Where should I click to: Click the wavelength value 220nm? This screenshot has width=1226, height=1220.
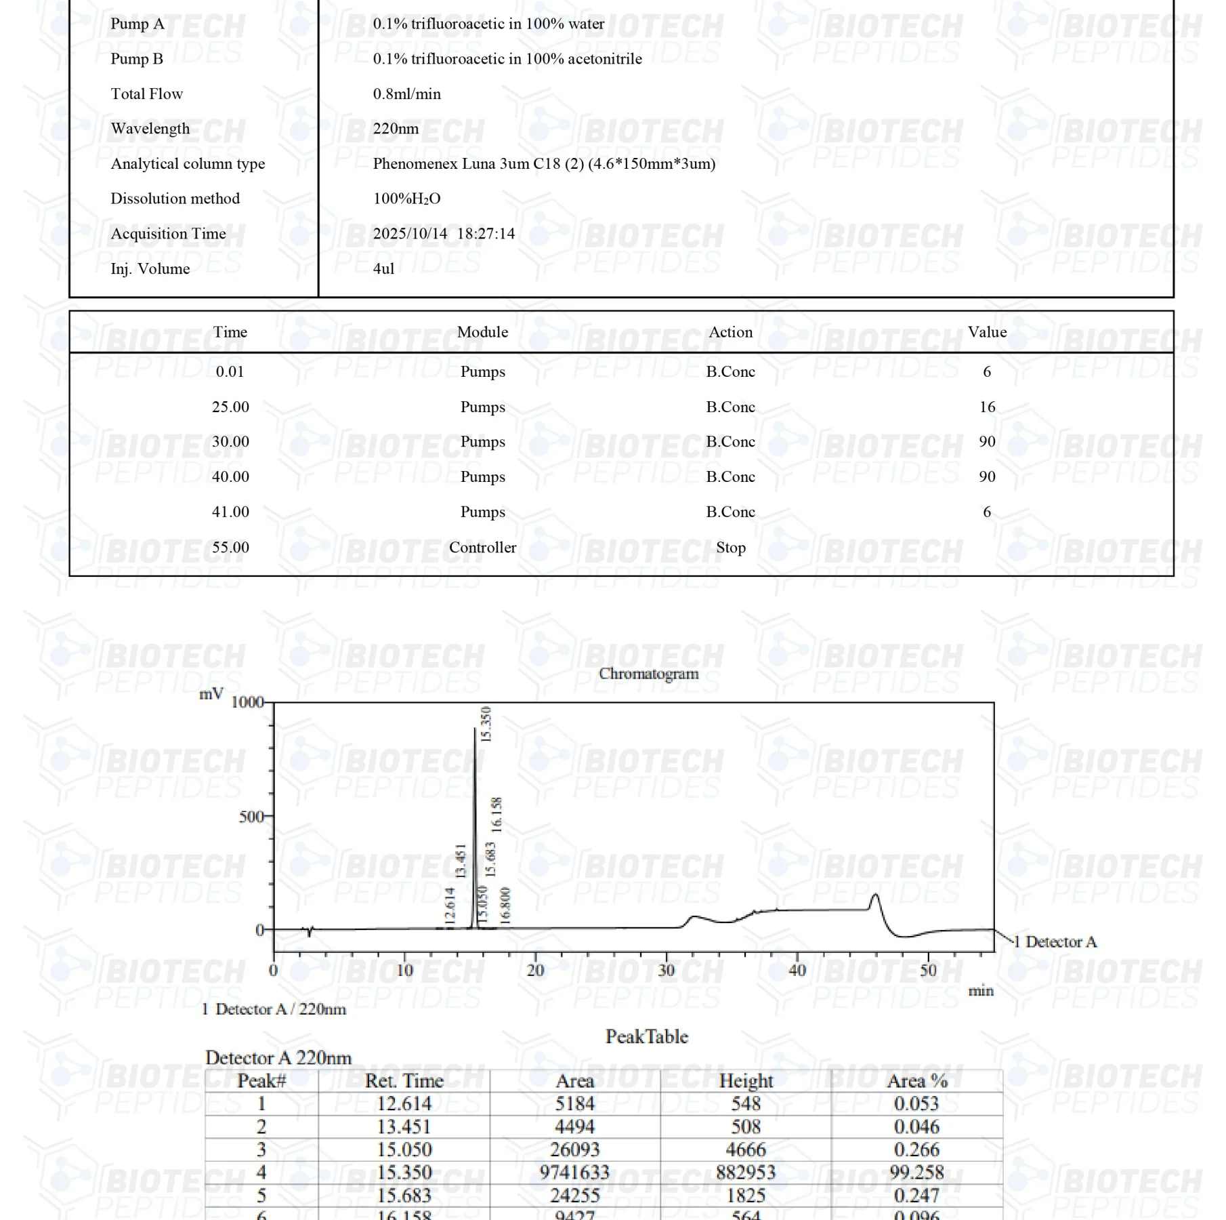pyautogui.click(x=396, y=129)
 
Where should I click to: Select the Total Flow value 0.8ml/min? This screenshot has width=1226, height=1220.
pyautogui.click(x=406, y=94)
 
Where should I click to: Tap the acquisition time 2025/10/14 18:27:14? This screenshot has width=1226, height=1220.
pyautogui.click(x=444, y=234)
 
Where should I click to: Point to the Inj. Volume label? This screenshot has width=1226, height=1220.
pyautogui.click(x=150, y=268)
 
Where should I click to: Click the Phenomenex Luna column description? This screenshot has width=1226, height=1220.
pyautogui.click(x=544, y=163)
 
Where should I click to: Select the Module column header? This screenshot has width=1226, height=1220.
pyautogui.click(x=482, y=332)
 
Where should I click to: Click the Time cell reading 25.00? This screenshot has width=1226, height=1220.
pyautogui.click(x=230, y=407)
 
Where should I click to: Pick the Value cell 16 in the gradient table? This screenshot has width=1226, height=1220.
pyautogui.click(x=987, y=407)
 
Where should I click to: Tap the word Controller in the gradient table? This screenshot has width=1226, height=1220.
pyautogui.click(x=482, y=547)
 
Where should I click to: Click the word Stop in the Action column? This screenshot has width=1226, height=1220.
pyautogui.click(x=730, y=547)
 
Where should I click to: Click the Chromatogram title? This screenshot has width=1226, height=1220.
pyautogui.click(x=648, y=674)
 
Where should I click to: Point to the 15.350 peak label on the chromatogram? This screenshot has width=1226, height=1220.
pyautogui.click(x=485, y=724)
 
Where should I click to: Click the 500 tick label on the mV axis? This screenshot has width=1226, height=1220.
pyautogui.click(x=251, y=817)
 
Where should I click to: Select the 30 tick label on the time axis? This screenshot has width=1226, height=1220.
pyautogui.click(x=667, y=971)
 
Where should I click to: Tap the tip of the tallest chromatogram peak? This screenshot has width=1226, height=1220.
pyautogui.click(x=474, y=729)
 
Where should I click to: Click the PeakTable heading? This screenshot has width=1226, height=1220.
pyautogui.click(x=647, y=1036)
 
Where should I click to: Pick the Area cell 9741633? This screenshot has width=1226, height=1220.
pyautogui.click(x=574, y=1172)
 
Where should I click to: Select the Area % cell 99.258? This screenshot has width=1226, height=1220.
pyautogui.click(x=916, y=1172)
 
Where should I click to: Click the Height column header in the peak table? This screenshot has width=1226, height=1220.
pyautogui.click(x=745, y=1080)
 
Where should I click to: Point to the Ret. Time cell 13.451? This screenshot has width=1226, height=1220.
pyautogui.click(x=404, y=1126)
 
